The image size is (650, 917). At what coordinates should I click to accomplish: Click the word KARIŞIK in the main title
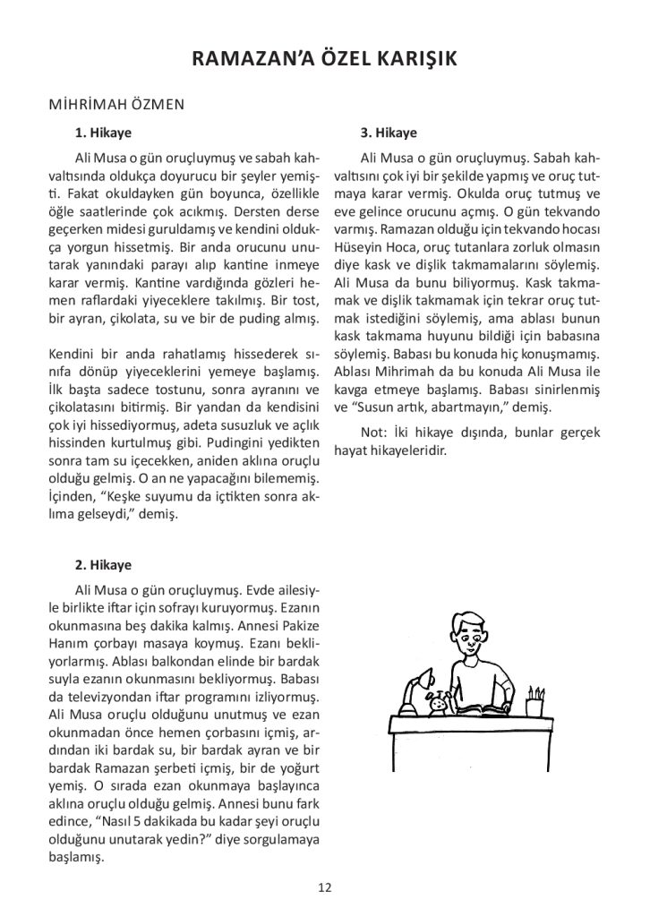click(414, 59)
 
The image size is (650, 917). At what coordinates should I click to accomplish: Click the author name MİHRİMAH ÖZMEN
click(117, 104)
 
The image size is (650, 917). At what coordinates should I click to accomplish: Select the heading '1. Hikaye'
click(103, 133)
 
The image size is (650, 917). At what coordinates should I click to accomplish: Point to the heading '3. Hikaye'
click(389, 133)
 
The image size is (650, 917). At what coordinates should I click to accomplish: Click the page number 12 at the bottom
click(325, 887)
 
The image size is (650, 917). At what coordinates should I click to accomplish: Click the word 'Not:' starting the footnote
click(375, 433)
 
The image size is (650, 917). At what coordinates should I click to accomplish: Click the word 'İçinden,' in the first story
click(74, 499)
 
